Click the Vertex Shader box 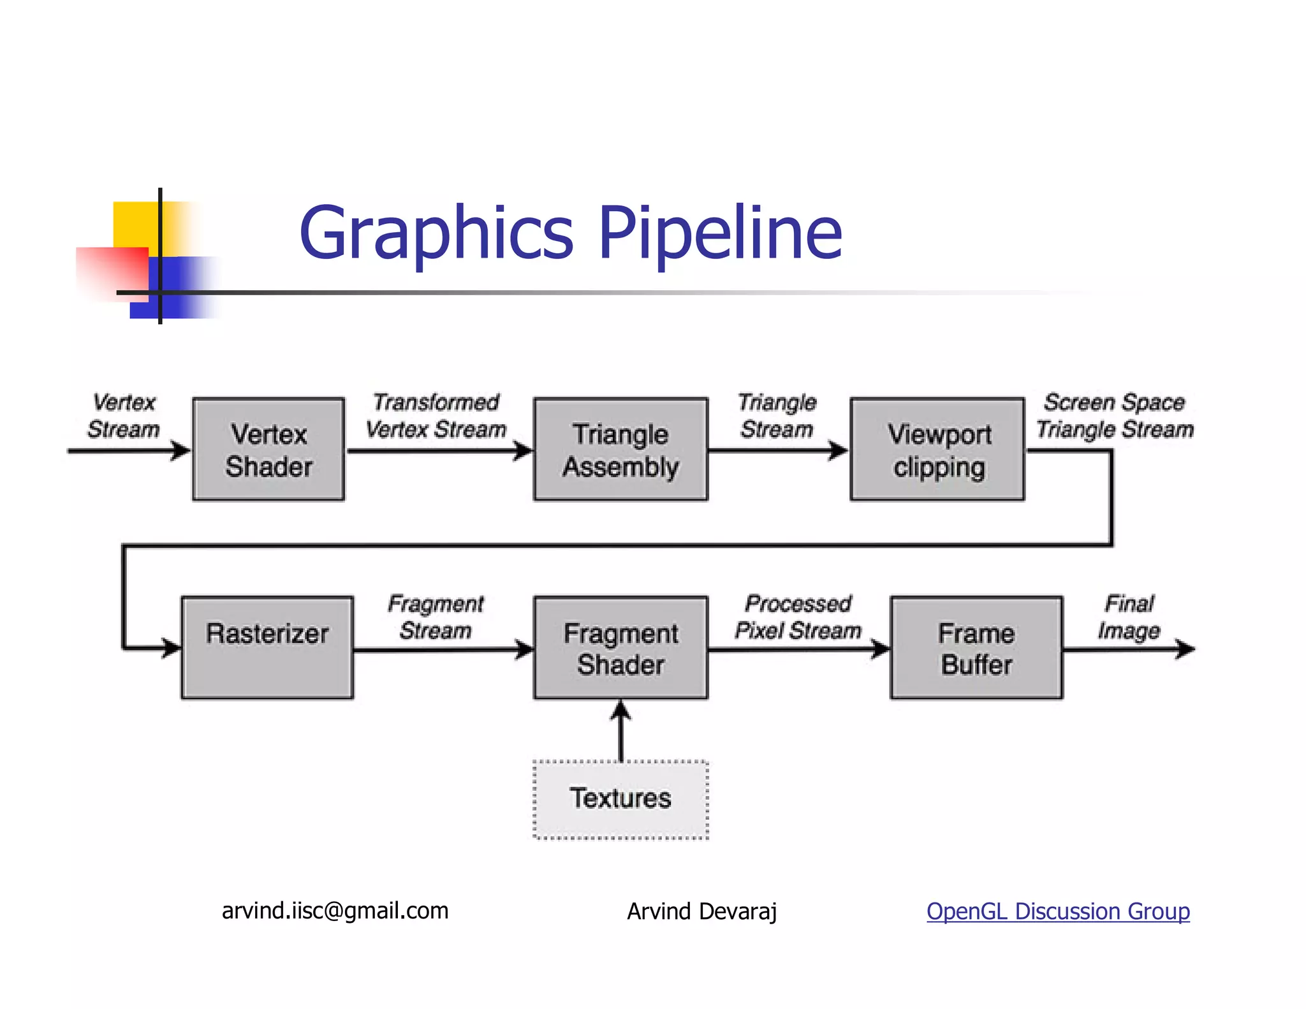[268, 450]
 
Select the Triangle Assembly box [620, 450]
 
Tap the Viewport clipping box [937, 450]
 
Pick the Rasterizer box [267, 647]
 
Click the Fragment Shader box [620, 647]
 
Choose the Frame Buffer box [976, 647]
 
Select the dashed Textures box [620, 799]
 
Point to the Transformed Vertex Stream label [436, 416]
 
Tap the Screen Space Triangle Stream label [1114, 416]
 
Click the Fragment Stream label [436, 617]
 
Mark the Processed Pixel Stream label [798, 617]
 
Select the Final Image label [1129, 617]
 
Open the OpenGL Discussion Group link [1058, 911]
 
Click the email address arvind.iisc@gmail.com [335, 911]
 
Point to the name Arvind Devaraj [701, 911]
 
